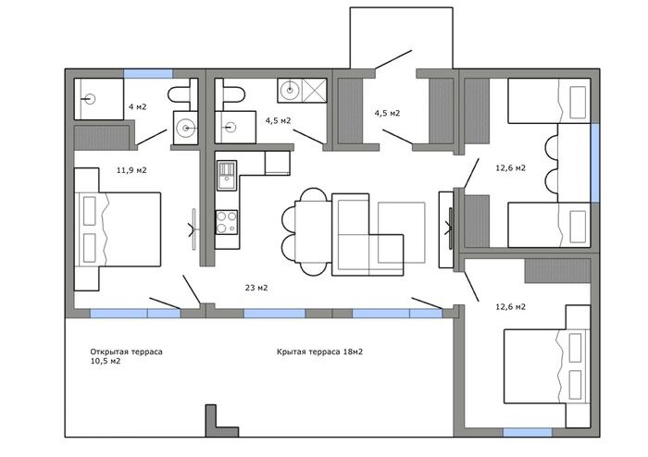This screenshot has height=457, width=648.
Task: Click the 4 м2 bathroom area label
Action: tap(137, 107)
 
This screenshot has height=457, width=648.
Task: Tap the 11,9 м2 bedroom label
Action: tap(131, 170)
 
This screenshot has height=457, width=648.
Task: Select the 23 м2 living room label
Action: tap(256, 288)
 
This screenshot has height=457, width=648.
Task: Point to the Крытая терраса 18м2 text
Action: tap(320, 352)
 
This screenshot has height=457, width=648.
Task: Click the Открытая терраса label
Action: tap(127, 352)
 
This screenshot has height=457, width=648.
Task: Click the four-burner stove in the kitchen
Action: tap(227, 222)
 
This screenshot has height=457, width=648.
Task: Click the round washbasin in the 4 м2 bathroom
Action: tap(186, 128)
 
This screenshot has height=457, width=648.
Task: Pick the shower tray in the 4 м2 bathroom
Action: tap(99, 99)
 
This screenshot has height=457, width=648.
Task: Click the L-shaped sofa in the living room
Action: tap(368, 234)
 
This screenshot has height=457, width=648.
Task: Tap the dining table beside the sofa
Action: tap(313, 231)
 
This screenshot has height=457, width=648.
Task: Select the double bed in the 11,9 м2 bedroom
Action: tap(118, 229)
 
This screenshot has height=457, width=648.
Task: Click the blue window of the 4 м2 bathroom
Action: tap(148, 73)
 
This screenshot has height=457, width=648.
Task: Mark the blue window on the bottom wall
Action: tap(528, 432)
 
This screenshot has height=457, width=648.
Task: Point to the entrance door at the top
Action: tap(393, 59)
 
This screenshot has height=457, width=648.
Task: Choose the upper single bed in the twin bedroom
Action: tap(548, 101)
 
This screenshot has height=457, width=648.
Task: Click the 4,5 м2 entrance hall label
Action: tap(387, 113)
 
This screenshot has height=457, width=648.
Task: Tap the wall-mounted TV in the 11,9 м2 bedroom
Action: tap(193, 229)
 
